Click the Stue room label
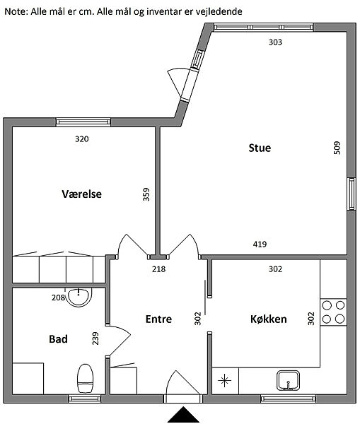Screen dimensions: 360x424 (260, 148)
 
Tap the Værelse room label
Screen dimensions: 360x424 (82, 194)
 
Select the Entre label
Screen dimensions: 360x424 (158, 319)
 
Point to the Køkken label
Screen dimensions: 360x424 (269, 319)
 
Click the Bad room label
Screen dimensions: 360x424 (58, 339)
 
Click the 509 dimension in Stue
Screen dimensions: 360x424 (337, 148)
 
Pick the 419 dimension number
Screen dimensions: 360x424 (260, 245)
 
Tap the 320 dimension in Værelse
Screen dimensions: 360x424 (82, 139)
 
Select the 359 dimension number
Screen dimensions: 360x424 (146, 194)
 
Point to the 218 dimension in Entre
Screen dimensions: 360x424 (158, 269)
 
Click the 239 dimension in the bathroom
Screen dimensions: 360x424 (95, 338)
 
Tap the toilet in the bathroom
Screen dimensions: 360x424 (86, 379)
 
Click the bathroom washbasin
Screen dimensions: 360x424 (79, 297)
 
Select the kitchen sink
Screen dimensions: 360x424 (288, 380)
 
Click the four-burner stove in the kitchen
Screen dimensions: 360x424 (333, 312)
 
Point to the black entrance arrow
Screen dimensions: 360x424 (183, 414)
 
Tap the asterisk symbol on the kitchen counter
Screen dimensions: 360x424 (225, 381)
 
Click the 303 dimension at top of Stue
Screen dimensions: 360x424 (275, 42)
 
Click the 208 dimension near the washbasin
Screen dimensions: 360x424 (59, 298)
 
